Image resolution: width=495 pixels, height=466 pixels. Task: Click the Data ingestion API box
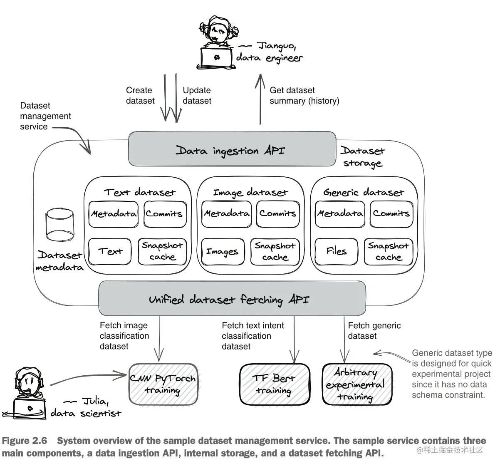pyautogui.click(x=232, y=149)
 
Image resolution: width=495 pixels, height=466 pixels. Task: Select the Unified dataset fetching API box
pyautogui.click(x=232, y=299)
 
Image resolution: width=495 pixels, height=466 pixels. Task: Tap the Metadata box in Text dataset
pyautogui.click(x=113, y=214)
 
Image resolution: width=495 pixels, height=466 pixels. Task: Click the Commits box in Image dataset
pyautogui.click(x=277, y=214)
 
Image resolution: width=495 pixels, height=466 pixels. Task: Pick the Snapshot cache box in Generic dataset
pyautogui.click(x=389, y=251)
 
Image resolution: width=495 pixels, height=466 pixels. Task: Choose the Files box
pyautogui.click(x=337, y=251)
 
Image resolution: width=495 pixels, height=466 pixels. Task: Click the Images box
pyautogui.click(x=223, y=252)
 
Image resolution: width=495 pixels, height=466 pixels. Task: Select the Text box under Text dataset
pyautogui.click(x=110, y=251)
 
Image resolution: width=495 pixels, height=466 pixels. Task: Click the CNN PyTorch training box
pyautogui.click(x=163, y=384)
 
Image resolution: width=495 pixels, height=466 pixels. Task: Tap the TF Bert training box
pyautogui.click(x=274, y=384)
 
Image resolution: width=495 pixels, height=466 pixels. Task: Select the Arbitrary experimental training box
pyautogui.click(x=356, y=384)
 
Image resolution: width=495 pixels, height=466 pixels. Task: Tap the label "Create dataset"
pyautogui.click(x=140, y=95)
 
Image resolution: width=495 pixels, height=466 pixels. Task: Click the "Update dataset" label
pyautogui.click(x=197, y=95)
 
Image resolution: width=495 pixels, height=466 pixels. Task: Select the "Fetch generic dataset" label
pyautogui.click(x=374, y=331)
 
